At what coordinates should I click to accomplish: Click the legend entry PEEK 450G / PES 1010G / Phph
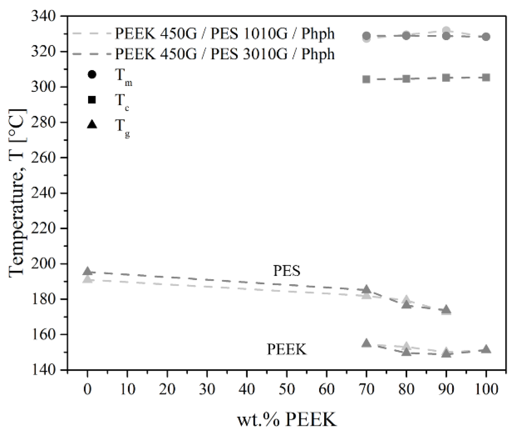click(225, 34)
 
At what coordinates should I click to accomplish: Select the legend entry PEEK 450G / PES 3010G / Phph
click(225, 54)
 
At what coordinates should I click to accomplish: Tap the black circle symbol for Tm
click(92, 74)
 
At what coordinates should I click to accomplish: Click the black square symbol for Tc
click(92, 99)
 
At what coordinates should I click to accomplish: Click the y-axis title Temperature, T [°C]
click(17, 193)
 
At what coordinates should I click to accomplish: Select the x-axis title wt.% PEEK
click(287, 420)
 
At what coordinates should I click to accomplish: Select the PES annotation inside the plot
click(287, 271)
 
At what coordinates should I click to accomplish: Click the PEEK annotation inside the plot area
click(287, 349)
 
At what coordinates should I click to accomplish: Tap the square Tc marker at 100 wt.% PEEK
click(486, 78)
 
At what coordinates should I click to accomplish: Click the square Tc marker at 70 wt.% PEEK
click(367, 79)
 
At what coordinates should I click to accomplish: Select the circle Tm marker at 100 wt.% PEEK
click(486, 37)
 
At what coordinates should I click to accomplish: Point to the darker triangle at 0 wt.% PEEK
click(88, 271)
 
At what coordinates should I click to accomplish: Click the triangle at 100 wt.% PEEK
click(486, 349)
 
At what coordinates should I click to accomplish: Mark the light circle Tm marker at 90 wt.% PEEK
click(446, 31)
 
